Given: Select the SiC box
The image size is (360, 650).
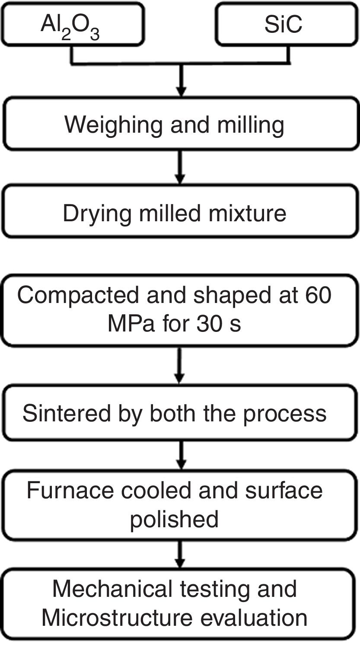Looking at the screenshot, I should pos(287,24).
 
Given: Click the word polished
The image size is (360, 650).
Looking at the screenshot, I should pos(174,519).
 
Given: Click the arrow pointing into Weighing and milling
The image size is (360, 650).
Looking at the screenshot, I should pos(181,84).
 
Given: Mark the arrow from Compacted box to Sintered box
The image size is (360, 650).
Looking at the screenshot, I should pos(181,366).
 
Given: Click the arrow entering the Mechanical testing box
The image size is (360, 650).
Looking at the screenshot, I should pos(181,554).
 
